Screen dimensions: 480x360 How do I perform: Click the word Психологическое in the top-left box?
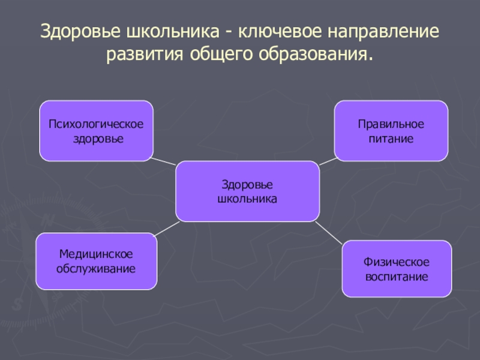pos(96,125)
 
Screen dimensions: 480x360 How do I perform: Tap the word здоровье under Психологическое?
pos(97,139)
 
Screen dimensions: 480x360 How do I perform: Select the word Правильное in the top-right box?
pos(391,125)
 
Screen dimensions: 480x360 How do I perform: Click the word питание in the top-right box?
pos(391,139)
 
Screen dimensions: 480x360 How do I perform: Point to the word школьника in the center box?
pos(247,197)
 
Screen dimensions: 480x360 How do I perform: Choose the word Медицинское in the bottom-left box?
pos(96,255)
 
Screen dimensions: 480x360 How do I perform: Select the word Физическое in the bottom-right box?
pos(397,263)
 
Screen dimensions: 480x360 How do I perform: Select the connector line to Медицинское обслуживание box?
pos(168,228)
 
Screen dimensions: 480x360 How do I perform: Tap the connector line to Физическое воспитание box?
pos(329,232)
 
